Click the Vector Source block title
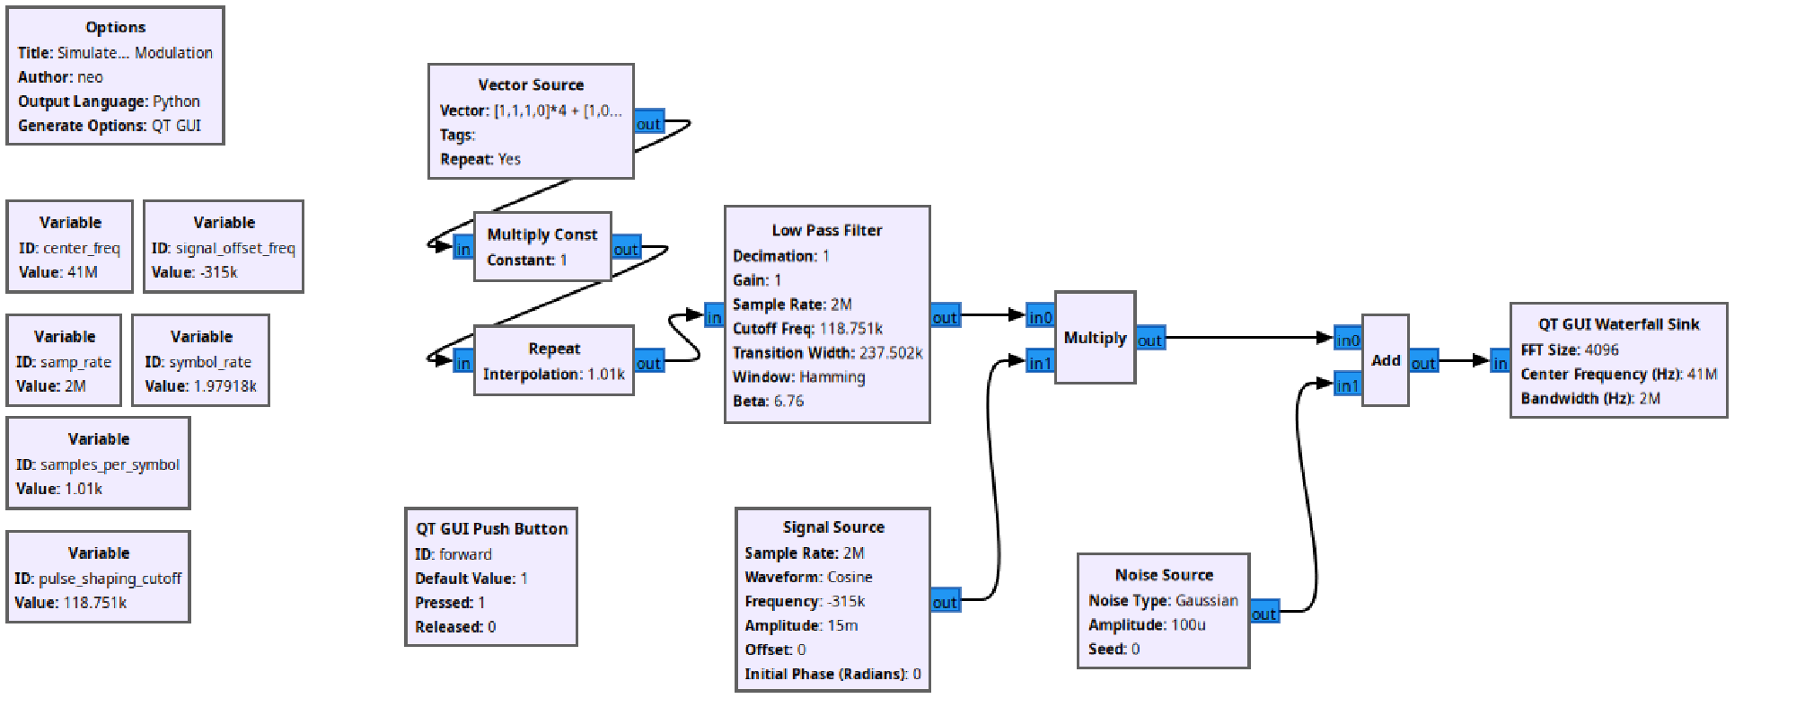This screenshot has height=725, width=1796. click(x=531, y=84)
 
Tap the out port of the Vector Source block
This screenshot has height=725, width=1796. click(x=648, y=124)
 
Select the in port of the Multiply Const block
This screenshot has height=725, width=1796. click(x=462, y=249)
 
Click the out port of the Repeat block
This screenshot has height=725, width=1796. click(x=648, y=363)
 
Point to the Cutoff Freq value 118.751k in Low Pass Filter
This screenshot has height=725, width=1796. click(x=850, y=329)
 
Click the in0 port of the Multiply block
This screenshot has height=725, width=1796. click(x=1040, y=317)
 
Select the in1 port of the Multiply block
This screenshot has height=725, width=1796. click(x=1040, y=363)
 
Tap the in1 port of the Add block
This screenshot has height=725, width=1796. click(x=1347, y=385)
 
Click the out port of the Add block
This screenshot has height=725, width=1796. click(x=1422, y=363)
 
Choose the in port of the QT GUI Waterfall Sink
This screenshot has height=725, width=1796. click(x=1500, y=363)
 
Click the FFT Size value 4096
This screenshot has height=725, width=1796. click(x=1601, y=349)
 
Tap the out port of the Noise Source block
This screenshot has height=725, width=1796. click(x=1263, y=614)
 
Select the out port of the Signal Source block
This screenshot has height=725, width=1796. click(x=945, y=602)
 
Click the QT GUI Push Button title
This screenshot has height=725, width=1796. click(x=491, y=528)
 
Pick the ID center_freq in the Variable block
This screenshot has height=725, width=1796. click(x=82, y=248)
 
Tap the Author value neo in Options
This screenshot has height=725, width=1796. click(x=90, y=77)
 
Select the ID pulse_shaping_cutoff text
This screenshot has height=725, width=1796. click(x=110, y=579)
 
